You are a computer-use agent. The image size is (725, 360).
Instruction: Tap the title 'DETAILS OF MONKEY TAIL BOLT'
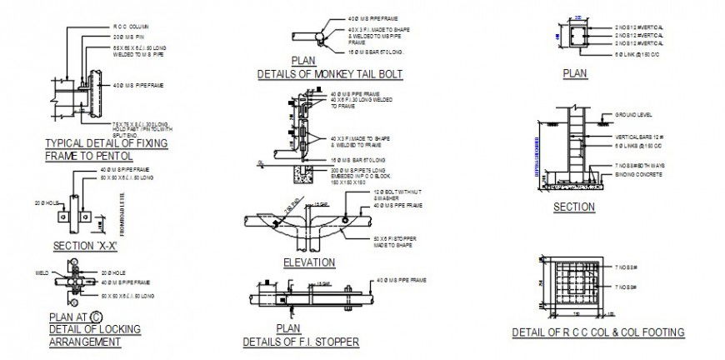point(330,74)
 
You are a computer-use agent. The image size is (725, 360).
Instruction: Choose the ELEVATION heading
point(309,262)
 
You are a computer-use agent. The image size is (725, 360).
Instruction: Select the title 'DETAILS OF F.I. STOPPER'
point(301,342)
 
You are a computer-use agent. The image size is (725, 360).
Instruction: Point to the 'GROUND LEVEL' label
point(632,113)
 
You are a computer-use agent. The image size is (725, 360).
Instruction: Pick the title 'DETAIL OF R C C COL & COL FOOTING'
point(598,332)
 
